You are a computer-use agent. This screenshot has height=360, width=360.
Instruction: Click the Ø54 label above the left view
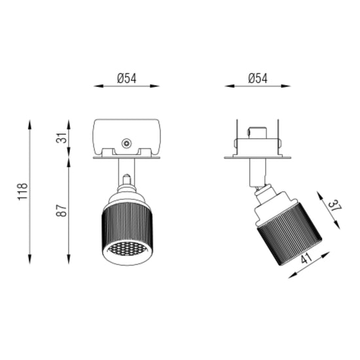126,79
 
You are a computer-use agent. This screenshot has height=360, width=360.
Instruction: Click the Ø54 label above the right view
258,79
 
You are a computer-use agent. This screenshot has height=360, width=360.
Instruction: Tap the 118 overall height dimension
23,192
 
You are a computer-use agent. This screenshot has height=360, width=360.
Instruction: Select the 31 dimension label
62,137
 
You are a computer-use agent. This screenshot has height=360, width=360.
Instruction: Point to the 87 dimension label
62,210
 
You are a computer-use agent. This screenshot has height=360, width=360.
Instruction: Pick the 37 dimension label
334,206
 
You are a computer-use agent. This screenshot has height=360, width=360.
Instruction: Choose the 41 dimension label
306,258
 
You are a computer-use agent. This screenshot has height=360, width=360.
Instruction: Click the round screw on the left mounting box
126,143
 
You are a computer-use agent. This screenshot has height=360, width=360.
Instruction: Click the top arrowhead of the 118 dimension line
29,124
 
